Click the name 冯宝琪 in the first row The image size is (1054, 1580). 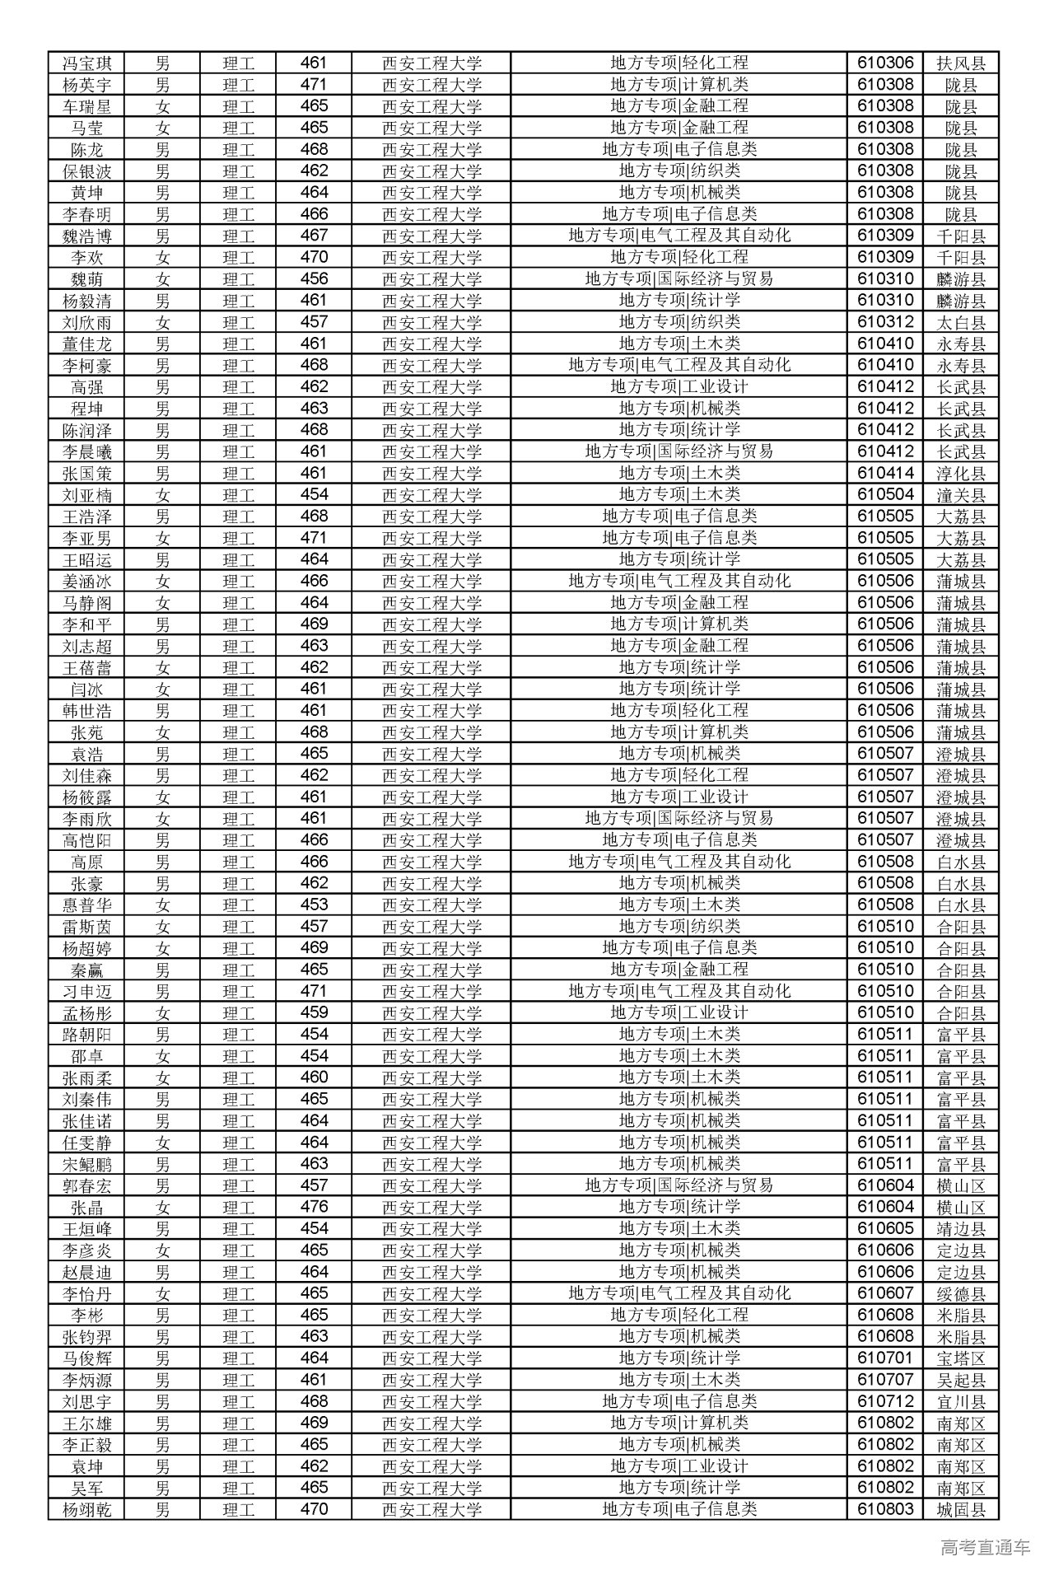tap(87, 63)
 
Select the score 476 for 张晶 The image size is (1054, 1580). tap(314, 1207)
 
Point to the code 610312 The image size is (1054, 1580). tap(885, 322)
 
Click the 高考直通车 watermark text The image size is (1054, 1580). tap(985, 1548)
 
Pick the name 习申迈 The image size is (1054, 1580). tap(87, 992)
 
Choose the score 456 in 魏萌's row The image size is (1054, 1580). tap(314, 279)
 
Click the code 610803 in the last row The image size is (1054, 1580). tap(885, 1509)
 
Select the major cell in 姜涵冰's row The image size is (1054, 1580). tap(679, 582)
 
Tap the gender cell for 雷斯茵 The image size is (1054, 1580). tap(163, 927)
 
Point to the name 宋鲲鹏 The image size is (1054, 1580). tap(87, 1164)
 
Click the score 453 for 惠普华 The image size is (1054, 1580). tap(314, 905)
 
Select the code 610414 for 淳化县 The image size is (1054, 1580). tap(885, 474)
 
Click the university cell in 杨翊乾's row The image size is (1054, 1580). tap(431, 1509)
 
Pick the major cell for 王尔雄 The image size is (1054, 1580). tap(679, 1423)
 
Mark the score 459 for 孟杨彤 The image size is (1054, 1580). tap(314, 1013)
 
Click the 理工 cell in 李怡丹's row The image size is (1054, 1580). tap(238, 1293)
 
